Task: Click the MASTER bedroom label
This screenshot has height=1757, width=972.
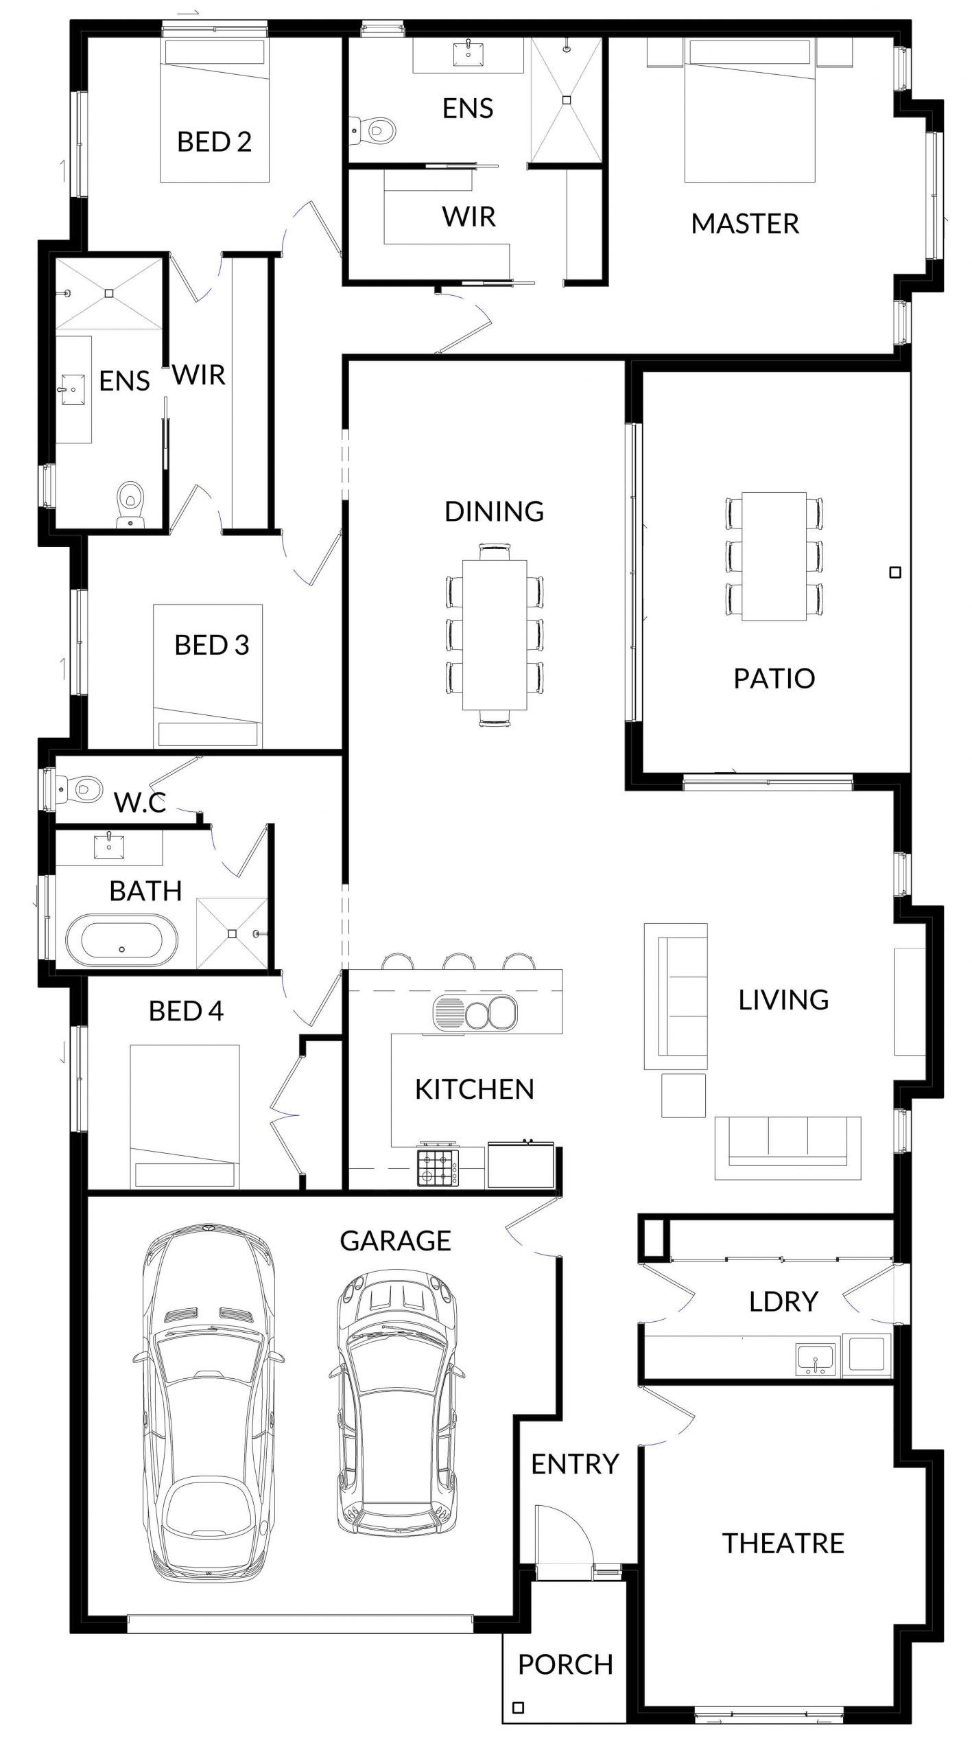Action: coord(745,224)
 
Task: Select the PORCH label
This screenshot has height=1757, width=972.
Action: coord(565,1664)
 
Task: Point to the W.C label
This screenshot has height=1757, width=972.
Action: coord(140,802)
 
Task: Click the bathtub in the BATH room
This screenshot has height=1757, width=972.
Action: coord(121,940)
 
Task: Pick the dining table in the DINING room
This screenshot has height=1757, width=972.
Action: coord(495,635)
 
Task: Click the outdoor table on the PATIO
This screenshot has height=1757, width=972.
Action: coord(774,556)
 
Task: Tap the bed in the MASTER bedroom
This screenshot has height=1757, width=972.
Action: coord(750,110)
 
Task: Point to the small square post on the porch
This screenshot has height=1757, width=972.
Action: coord(519,1702)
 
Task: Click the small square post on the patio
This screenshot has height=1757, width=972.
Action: coord(894,572)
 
